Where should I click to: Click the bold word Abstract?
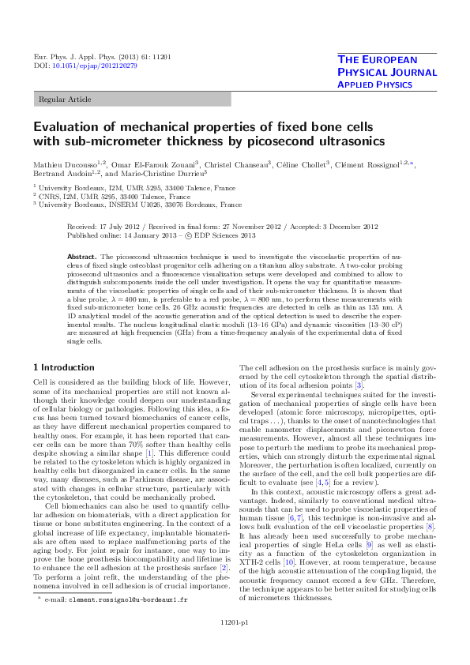click(81, 257)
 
